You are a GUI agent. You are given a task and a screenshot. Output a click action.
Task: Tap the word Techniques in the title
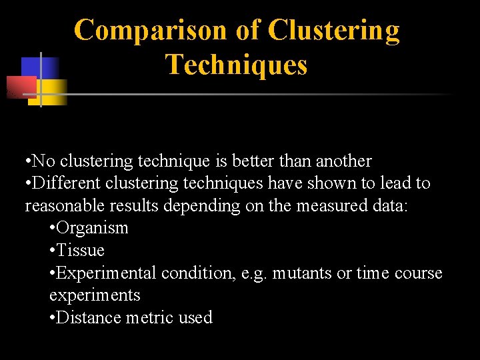coord(236,65)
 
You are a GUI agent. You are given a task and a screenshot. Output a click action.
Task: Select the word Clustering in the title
coord(334,30)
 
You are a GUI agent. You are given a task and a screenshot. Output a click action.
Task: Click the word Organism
coord(92,228)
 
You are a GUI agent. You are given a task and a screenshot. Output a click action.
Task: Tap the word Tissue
coord(81,251)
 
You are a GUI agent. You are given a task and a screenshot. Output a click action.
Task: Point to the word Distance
coord(85,318)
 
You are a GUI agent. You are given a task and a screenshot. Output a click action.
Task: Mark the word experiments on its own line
coord(95,295)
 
